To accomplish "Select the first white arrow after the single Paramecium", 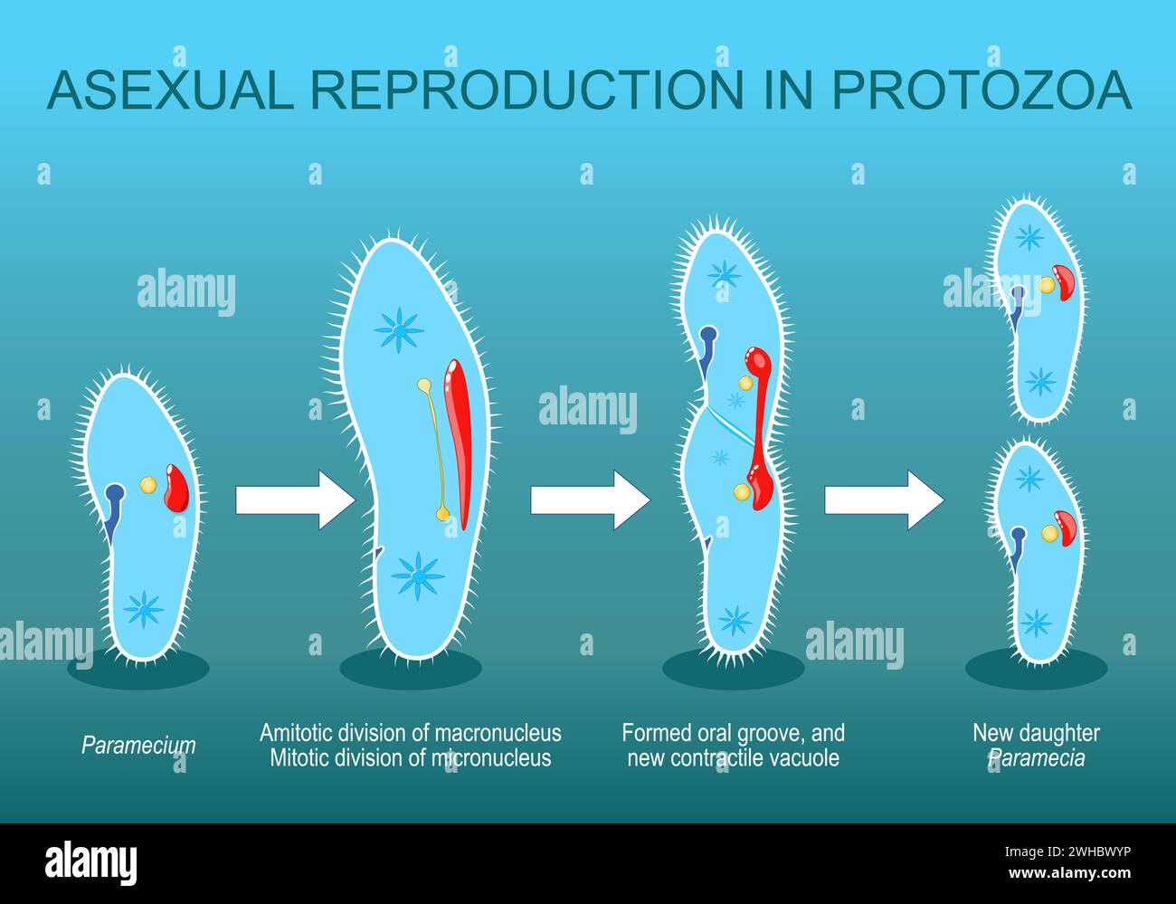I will pos(294,500).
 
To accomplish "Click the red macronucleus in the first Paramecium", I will pos(175,489).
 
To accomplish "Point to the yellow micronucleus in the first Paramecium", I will pos(147,486).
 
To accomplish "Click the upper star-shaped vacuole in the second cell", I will pos(399,329).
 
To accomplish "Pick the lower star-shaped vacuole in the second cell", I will pos(418,575).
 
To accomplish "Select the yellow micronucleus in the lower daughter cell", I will pos(1049,534).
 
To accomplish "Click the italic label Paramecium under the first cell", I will pos(138,747).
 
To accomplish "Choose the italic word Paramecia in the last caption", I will pos(1036,758).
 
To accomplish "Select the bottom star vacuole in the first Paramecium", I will pos(144,609).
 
